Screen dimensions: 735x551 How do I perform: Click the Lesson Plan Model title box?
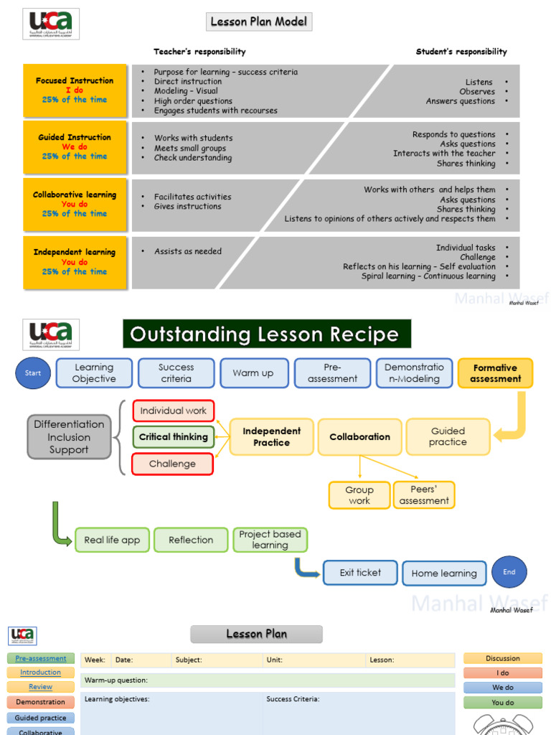pyautogui.click(x=259, y=22)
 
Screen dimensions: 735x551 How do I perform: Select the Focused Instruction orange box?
pyautogui.click(x=75, y=90)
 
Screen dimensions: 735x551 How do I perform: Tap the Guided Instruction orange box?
pyautogui.click(x=75, y=147)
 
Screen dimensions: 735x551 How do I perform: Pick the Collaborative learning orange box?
pyautogui.click(x=75, y=205)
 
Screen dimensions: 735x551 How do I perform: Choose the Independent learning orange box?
pyautogui.click(x=75, y=262)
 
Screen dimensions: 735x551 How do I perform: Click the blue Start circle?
pyautogui.click(x=33, y=373)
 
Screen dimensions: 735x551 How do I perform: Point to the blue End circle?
pyautogui.click(x=509, y=572)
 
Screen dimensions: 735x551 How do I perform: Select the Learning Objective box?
pyautogui.click(x=94, y=373)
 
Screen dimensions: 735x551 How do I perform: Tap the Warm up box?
pyautogui.click(x=253, y=373)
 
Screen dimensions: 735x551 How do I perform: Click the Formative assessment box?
pyautogui.click(x=495, y=373)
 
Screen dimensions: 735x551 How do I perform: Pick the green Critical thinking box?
pyautogui.click(x=173, y=437)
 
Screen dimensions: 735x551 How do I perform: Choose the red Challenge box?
pyautogui.click(x=173, y=464)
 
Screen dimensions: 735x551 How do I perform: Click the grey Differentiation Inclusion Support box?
pyautogui.click(x=70, y=437)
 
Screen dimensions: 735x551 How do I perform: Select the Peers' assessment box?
pyautogui.click(x=424, y=495)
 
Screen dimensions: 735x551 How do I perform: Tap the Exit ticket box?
pyautogui.click(x=360, y=573)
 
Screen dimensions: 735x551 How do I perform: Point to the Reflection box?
pyautogui.click(x=191, y=540)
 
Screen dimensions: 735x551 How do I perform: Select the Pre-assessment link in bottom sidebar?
pyautogui.click(x=41, y=658)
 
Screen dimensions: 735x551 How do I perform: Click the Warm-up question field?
pyautogui.click(x=268, y=680)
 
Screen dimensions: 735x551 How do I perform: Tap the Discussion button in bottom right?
pyautogui.click(x=502, y=658)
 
